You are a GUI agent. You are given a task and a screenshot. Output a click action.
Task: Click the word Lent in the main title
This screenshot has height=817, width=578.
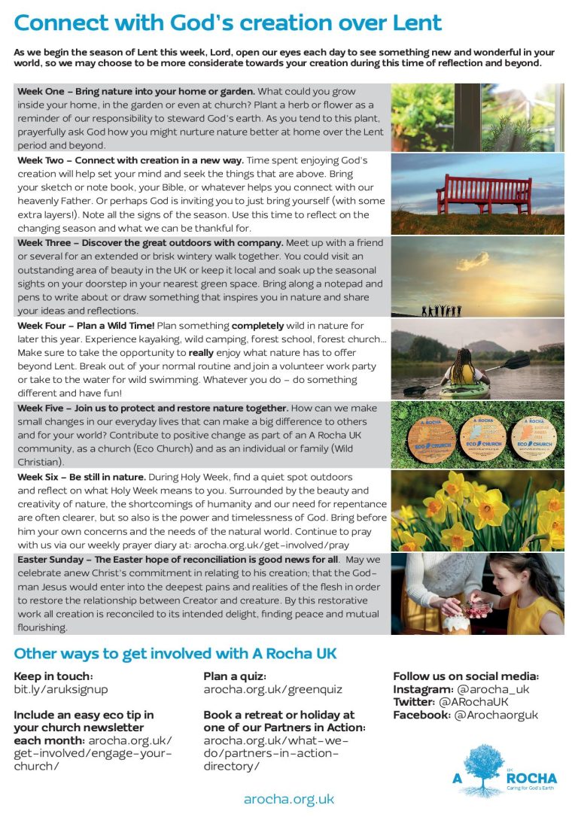(x=411, y=23)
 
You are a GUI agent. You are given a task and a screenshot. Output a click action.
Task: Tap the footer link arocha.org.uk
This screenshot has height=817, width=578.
(x=289, y=799)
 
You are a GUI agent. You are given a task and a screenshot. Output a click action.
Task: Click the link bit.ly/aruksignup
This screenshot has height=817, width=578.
(x=61, y=689)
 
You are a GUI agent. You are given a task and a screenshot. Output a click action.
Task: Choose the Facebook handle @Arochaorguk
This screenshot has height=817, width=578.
(x=496, y=715)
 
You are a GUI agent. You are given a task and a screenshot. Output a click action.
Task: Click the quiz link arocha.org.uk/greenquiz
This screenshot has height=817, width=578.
(x=272, y=689)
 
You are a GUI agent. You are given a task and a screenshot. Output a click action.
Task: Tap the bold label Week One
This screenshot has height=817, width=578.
(x=42, y=92)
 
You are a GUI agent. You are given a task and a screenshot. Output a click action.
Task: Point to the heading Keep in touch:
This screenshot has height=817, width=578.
(x=53, y=676)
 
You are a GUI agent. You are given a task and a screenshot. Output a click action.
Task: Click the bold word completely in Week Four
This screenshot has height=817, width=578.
(x=258, y=326)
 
